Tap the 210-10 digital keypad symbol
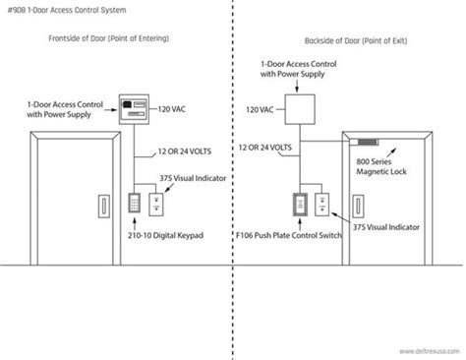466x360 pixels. [x=133, y=204]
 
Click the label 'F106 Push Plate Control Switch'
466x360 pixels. [x=283, y=237]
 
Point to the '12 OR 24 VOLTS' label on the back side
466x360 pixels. [x=263, y=147]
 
